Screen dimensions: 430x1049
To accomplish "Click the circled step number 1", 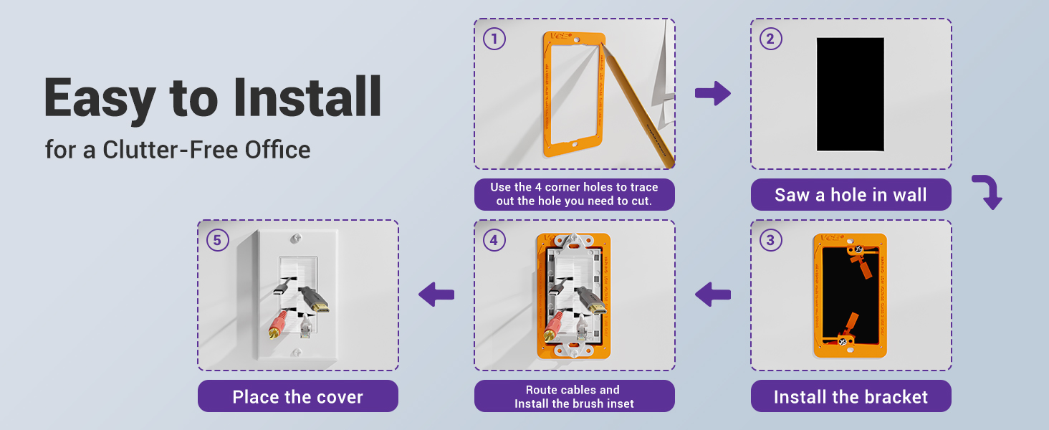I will click(494, 39).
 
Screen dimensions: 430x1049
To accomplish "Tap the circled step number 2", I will click(770, 39).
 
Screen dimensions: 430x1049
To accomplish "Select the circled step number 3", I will click(770, 240).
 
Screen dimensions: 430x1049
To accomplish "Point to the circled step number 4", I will click(494, 240).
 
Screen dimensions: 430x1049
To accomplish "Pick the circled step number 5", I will click(217, 240).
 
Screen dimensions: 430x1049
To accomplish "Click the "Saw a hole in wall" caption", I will click(851, 195).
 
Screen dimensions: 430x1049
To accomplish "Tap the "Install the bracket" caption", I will click(851, 397).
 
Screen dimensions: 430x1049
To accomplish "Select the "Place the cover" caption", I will click(297, 397).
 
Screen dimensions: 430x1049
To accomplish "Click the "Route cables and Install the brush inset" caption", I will click(574, 396).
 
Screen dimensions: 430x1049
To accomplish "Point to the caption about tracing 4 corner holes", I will click(574, 194).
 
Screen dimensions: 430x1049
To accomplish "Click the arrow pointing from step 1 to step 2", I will click(712, 94).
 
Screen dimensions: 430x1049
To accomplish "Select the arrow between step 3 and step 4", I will click(712, 294).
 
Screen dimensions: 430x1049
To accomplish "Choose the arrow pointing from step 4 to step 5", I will click(436, 294).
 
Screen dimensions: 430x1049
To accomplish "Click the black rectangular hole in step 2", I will click(851, 94).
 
